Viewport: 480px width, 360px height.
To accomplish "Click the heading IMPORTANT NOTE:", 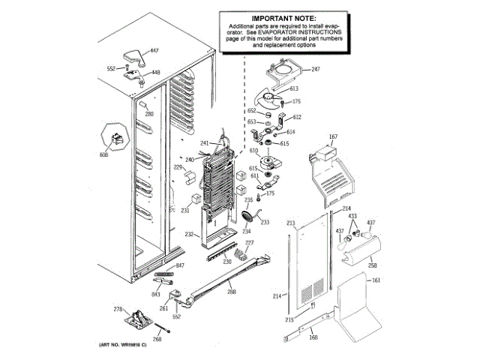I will pos(283,18).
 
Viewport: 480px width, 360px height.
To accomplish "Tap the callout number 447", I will pos(154,50).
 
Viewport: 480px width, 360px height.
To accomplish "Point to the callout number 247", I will pos(315,70).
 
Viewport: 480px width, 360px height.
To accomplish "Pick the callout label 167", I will pos(334,136).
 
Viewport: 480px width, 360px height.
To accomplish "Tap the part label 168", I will pos(334,337).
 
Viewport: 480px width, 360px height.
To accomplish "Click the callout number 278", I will pos(117,309).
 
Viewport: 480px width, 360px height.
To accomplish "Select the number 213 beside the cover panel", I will pos(289,223).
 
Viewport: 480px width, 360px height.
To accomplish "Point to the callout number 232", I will pos(189,235).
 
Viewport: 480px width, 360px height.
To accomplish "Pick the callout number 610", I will pos(253,151).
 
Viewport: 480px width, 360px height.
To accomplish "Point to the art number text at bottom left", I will pos(121,344).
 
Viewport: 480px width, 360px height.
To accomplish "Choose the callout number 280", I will pos(148,114).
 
